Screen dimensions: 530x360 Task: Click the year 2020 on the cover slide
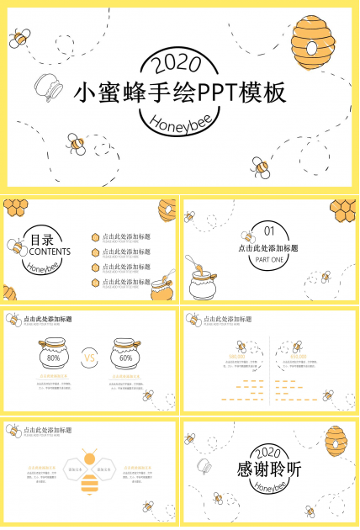(178, 62)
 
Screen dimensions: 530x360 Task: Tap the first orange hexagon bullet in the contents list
(96, 237)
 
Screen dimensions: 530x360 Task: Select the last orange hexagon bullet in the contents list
(96, 282)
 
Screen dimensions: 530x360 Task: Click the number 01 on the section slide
(269, 230)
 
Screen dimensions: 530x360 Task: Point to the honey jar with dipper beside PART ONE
(203, 281)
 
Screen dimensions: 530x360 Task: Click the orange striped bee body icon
(89, 483)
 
